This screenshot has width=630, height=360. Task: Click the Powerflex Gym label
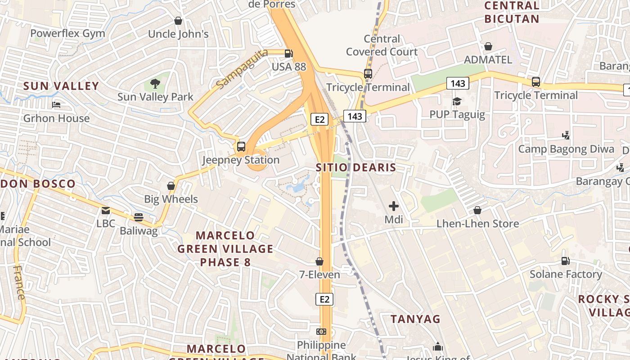[x=67, y=33]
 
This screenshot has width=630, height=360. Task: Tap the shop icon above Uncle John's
[x=178, y=21]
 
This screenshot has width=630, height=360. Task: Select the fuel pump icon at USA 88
[x=288, y=54]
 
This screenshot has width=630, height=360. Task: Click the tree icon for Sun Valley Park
[x=155, y=83]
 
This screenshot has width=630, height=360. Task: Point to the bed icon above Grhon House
[x=56, y=105]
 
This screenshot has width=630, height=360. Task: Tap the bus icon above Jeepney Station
[x=241, y=146]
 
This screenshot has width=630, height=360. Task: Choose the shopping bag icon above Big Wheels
[x=171, y=185]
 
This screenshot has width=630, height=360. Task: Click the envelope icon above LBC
[x=106, y=210]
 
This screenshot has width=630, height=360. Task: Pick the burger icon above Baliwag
[x=139, y=217]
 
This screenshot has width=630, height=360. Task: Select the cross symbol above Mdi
[x=394, y=206]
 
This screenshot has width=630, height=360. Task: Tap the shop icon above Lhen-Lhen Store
[x=477, y=210]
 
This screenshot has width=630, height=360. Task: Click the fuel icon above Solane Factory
[x=566, y=261]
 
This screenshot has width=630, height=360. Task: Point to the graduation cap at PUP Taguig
[x=457, y=101]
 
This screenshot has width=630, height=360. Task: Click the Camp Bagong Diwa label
[x=566, y=149]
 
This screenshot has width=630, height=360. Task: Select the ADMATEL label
[x=488, y=60]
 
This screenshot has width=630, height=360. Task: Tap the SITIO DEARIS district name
[x=355, y=167]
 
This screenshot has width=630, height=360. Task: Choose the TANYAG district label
[x=415, y=319]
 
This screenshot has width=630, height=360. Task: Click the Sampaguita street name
[x=242, y=69]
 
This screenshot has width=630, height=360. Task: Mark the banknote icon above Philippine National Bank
[x=321, y=332]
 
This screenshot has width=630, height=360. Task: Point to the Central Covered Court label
[x=382, y=45]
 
